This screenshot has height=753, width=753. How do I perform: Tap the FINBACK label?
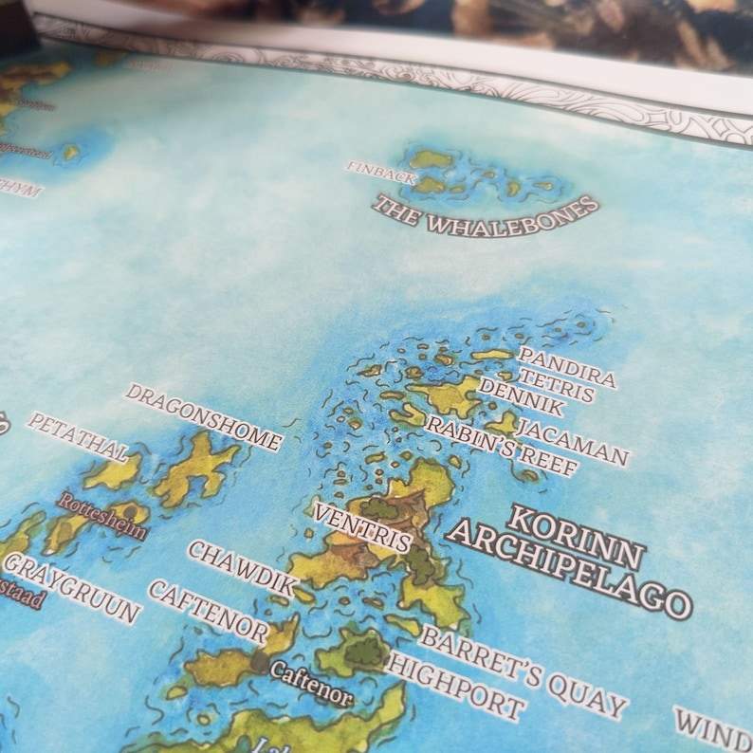[x=380, y=171]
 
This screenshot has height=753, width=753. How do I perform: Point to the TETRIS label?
[x=556, y=382]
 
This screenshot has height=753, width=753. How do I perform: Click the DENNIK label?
[x=522, y=397]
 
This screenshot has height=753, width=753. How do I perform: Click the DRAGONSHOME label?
[x=204, y=417]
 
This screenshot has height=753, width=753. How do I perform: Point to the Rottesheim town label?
[x=102, y=515]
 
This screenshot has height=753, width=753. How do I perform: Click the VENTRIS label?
[x=363, y=528]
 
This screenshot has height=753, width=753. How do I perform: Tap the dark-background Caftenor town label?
[x=311, y=684]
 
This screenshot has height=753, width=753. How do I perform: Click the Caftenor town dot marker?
[x=259, y=662]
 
